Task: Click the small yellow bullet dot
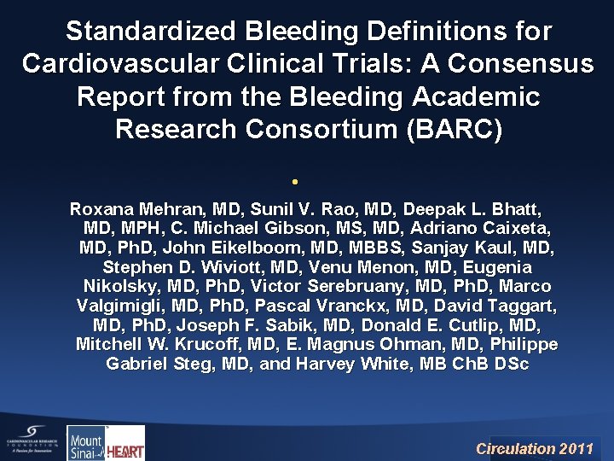pyautogui.click(x=293, y=182)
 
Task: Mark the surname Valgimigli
pyautogui.click(x=123, y=306)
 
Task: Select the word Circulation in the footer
pyautogui.click(x=515, y=448)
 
